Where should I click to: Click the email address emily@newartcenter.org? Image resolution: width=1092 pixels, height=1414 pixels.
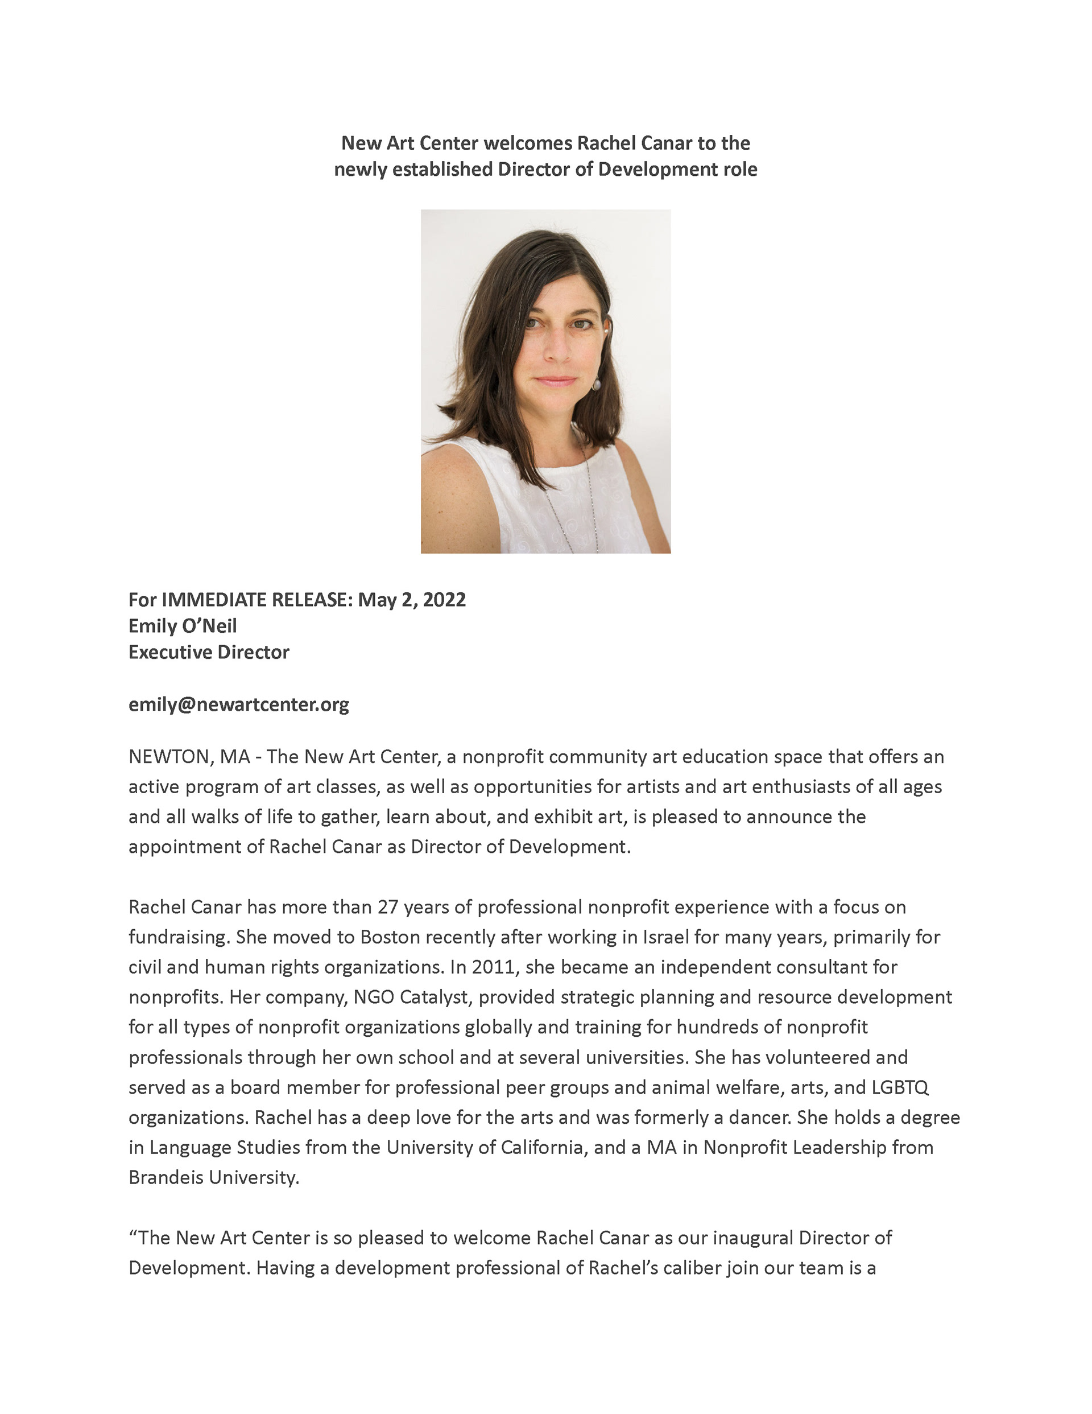(x=238, y=704)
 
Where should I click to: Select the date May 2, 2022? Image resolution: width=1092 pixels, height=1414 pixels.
(x=411, y=600)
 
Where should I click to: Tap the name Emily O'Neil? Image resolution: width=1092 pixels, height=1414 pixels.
(x=183, y=625)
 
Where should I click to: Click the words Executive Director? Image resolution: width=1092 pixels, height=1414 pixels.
(x=208, y=652)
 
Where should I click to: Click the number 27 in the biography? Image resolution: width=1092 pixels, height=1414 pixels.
(x=388, y=907)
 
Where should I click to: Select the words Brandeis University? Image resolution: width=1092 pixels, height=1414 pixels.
(x=214, y=1177)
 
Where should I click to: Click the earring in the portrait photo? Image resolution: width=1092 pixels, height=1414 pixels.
(x=597, y=384)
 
